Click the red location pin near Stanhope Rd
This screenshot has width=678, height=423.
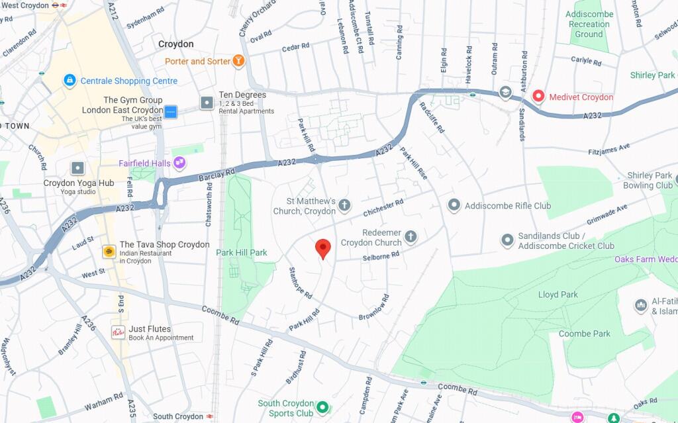[x=322, y=248]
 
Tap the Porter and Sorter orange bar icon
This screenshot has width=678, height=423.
[x=239, y=62]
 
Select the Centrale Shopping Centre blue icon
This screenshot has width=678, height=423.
[x=69, y=81]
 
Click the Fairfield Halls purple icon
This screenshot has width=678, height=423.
[x=179, y=163]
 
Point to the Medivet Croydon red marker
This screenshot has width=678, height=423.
[x=538, y=97]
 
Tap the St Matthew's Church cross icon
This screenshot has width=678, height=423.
[x=344, y=206]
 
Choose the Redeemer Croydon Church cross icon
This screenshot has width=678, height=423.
[x=411, y=237]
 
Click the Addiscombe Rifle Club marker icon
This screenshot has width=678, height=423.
[x=454, y=206]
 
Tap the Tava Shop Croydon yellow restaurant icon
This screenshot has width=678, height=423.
[x=109, y=252]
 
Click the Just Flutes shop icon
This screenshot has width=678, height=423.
[x=118, y=332]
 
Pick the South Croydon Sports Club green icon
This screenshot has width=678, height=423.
[x=322, y=408]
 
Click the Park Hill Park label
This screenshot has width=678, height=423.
[x=242, y=253]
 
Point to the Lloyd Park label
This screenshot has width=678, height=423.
[x=557, y=295]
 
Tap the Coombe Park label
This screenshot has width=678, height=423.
[x=584, y=334]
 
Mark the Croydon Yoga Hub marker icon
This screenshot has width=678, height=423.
[x=78, y=168]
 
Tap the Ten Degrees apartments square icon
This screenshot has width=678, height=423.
[x=207, y=103]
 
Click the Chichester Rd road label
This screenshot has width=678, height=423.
[x=383, y=209]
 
